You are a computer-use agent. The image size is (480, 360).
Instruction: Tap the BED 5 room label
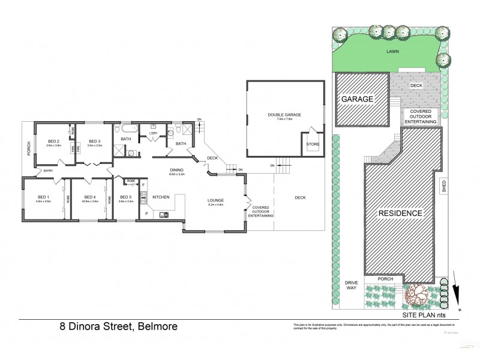(x=125, y=197)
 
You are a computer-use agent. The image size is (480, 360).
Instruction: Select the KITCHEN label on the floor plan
(x=161, y=197)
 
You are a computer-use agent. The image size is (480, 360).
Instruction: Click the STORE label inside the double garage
(x=313, y=144)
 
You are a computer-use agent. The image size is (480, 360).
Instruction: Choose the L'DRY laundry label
(x=153, y=132)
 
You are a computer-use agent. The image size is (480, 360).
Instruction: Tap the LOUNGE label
(x=215, y=200)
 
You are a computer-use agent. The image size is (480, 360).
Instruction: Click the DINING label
(x=176, y=170)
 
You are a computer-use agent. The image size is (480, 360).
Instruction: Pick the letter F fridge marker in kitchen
(x=143, y=185)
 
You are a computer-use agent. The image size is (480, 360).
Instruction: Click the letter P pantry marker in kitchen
(x=145, y=213)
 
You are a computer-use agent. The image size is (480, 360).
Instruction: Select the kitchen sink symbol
(x=164, y=214)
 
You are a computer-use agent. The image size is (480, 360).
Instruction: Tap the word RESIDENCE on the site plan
(x=400, y=213)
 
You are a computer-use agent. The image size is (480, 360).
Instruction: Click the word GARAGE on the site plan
(x=358, y=99)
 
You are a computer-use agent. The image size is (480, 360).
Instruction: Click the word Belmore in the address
(x=157, y=327)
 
